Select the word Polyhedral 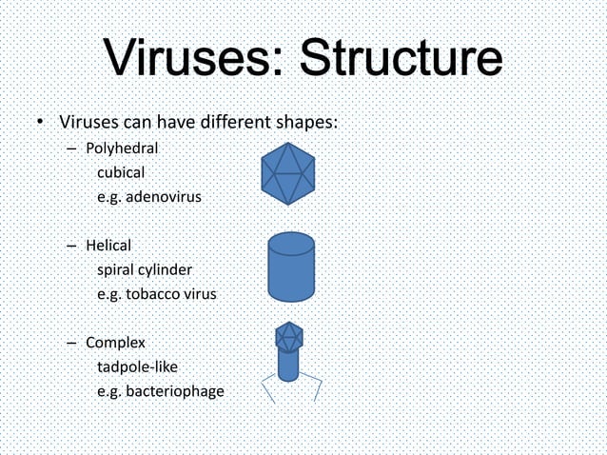(122, 148)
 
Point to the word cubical (121, 173)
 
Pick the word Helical (108, 246)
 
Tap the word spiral (116, 270)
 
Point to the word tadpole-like (137, 366)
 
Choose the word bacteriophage (174, 391)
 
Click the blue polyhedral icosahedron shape (287, 174)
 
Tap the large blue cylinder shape (291, 271)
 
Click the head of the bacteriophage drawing (289, 335)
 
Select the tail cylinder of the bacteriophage (289, 365)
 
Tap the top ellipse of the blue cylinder (291, 242)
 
